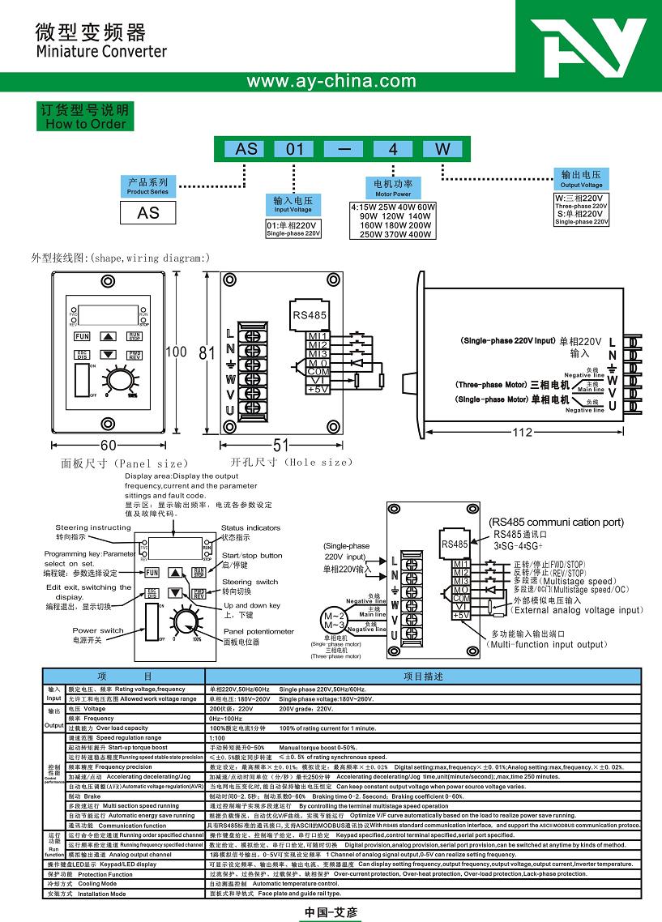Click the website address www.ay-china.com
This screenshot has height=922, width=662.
pyautogui.click(x=331, y=81)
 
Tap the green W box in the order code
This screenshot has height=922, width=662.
pyautogui.click(x=442, y=148)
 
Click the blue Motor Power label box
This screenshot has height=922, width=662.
pyautogui.click(x=393, y=188)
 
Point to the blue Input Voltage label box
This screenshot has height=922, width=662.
pyautogui.click(x=293, y=204)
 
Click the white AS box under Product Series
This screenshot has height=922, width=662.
pyautogui.click(x=148, y=213)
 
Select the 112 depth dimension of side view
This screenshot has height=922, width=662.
pyautogui.click(x=523, y=433)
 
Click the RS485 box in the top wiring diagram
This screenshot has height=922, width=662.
pyautogui.click(x=307, y=316)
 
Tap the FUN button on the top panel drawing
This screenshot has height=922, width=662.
pyautogui.click(x=82, y=335)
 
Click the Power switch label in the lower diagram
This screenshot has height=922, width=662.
pyautogui.click(x=98, y=634)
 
